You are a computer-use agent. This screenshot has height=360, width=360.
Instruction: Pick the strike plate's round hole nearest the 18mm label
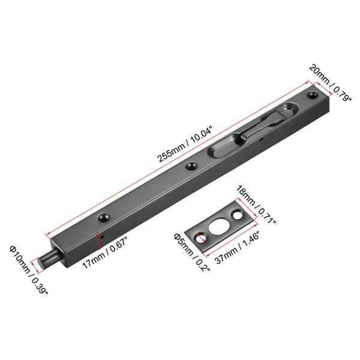[x=239, y=213]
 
